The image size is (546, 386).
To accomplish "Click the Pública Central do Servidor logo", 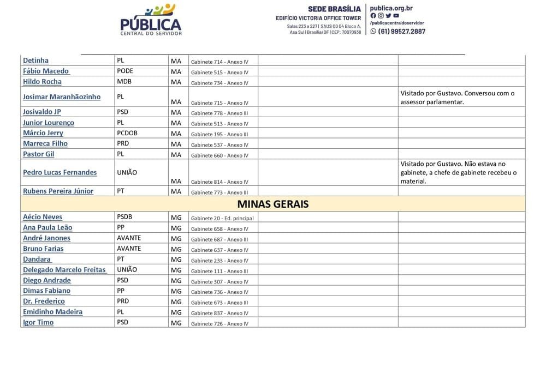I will click(x=151, y=20).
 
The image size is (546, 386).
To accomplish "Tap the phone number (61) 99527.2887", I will click(x=401, y=31).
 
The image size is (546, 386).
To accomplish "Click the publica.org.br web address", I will click(x=391, y=8).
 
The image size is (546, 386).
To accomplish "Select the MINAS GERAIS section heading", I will click(x=273, y=204).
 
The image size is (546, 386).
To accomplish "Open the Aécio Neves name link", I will click(x=43, y=217).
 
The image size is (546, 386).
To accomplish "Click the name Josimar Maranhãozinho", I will click(x=62, y=97).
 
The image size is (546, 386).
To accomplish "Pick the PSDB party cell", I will click(x=124, y=217).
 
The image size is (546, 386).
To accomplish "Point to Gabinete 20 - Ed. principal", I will click(x=222, y=218).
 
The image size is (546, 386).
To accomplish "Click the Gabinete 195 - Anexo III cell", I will click(x=219, y=134).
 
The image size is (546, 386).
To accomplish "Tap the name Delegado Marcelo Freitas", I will click(x=64, y=270).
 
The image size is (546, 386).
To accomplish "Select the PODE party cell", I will click(x=125, y=71).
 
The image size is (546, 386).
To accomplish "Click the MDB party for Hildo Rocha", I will click(x=124, y=82).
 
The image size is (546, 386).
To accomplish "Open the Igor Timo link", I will click(x=38, y=322).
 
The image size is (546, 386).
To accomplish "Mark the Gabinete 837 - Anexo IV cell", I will click(x=219, y=313).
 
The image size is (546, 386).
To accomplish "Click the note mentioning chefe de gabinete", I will click(x=458, y=172).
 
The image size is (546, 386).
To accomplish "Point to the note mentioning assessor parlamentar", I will click(x=457, y=97).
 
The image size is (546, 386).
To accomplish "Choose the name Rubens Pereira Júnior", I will click(x=58, y=191).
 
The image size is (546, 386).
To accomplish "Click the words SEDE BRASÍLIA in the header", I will click(x=334, y=9).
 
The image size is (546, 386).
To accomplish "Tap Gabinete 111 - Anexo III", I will click(x=219, y=271).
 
